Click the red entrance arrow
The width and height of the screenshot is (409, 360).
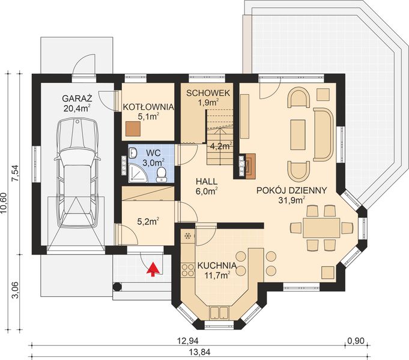153,269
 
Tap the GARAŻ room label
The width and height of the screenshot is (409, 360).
77,98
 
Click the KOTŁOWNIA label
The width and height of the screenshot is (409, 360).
148,107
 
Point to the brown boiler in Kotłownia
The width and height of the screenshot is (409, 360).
133,129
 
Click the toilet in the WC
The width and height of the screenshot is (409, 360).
161,175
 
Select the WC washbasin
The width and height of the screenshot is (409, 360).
133,152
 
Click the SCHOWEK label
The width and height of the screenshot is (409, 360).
208,93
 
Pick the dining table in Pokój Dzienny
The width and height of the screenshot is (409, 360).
321,228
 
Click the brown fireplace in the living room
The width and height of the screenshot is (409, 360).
250,166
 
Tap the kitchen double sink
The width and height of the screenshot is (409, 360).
219,313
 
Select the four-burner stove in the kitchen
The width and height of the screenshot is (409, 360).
187,270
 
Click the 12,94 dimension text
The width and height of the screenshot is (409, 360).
187,341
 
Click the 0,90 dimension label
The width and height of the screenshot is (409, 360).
356,341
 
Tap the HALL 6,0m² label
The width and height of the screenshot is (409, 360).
207,187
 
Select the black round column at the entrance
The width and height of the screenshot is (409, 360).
117,287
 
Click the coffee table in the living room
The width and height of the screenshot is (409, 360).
298,134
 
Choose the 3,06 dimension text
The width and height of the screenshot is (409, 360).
16,290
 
